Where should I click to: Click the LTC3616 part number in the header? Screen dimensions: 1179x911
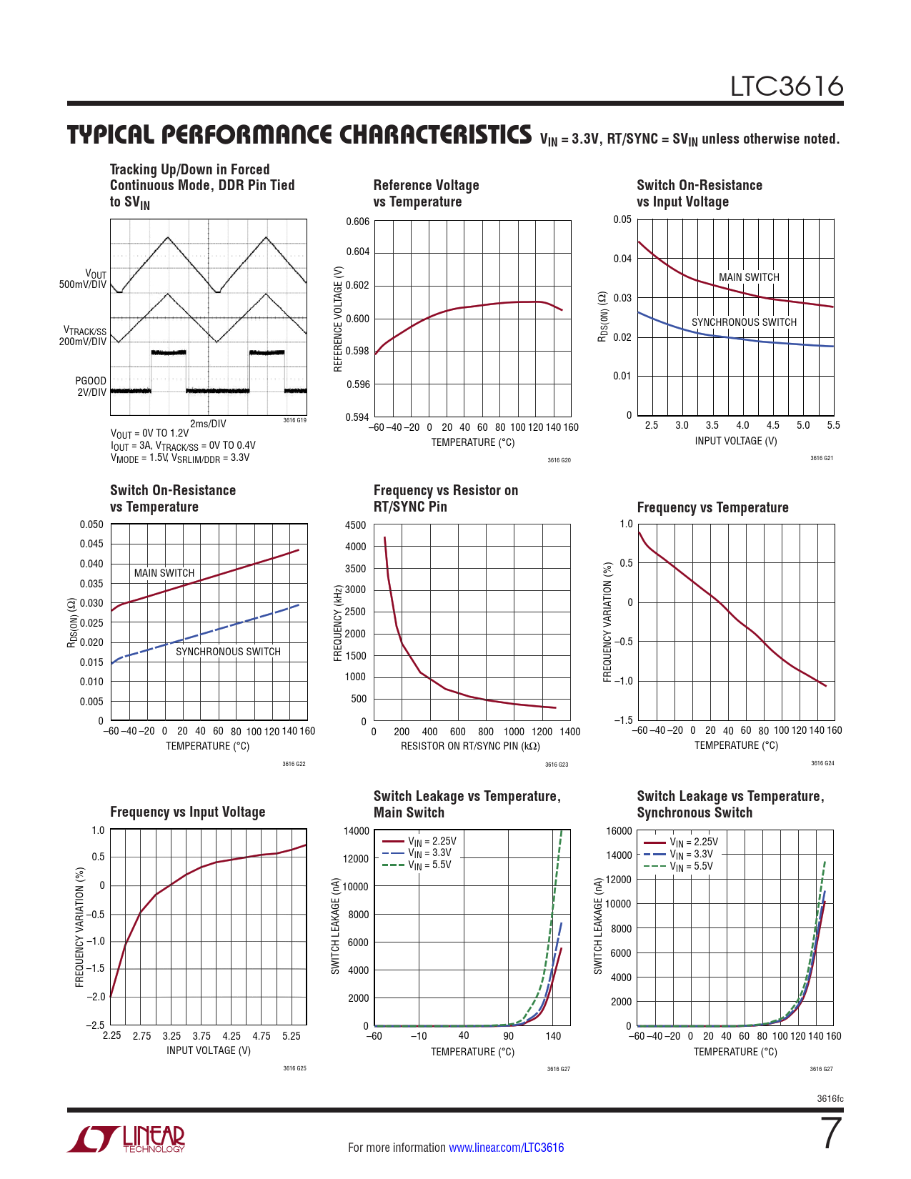tap(786, 86)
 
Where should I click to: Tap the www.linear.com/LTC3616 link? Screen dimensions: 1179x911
tap(506, 1148)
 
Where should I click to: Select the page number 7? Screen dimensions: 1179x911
tap(831, 1134)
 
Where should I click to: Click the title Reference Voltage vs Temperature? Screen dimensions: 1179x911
tap(426, 194)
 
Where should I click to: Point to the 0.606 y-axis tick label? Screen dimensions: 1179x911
tap(357, 222)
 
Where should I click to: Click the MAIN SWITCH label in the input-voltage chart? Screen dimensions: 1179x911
tap(749, 277)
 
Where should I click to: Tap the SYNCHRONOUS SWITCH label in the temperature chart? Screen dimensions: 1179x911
tap(228, 652)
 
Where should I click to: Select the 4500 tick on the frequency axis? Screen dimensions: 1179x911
tap(355, 525)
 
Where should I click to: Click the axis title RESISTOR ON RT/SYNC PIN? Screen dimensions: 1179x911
tap(470, 746)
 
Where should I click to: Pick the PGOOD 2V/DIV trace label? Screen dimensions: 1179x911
tap(91, 387)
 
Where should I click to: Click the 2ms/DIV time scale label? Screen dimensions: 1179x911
tap(208, 424)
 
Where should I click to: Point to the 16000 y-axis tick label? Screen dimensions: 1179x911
tap(619, 831)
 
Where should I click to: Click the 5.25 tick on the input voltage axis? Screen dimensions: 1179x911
tap(291, 1036)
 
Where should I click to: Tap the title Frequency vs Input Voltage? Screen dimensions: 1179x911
tap(187, 812)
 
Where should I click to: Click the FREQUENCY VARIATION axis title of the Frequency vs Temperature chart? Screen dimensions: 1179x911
tap(608, 622)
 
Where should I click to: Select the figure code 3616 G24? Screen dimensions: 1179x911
tap(822, 764)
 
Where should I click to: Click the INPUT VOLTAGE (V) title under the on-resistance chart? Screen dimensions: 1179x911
tap(735, 441)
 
